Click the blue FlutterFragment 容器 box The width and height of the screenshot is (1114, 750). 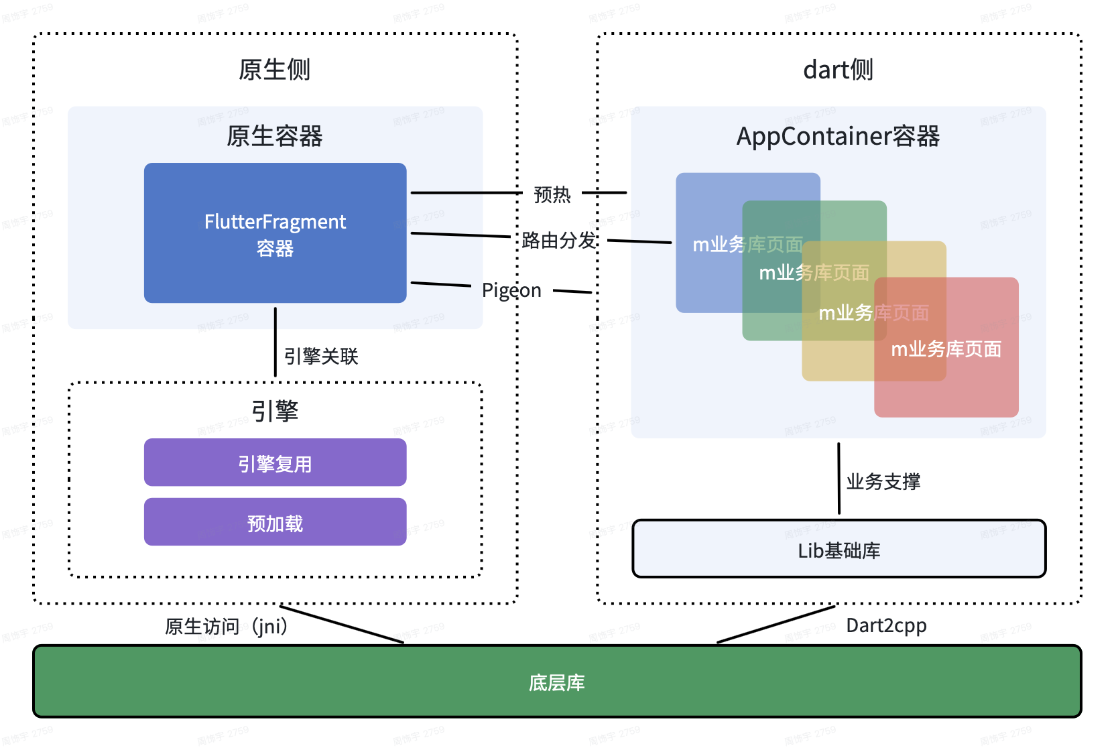(275, 233)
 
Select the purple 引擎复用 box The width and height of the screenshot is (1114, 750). (275, 463)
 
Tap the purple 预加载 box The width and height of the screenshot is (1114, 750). (275, 523)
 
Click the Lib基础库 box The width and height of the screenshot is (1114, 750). (839, 550)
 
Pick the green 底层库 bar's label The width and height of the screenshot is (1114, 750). (556, 682)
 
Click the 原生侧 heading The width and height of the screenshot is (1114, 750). (274, 70)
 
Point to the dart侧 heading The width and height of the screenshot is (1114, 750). (838, 70)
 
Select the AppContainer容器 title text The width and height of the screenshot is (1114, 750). (838, 136)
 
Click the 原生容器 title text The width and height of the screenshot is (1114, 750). (274, 136)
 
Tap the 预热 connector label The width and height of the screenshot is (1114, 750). (552, 194)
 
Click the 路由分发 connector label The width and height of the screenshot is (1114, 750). (558, 240)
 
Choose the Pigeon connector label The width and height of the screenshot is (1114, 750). (511, 290)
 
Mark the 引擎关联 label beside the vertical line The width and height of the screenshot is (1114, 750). (321, 356)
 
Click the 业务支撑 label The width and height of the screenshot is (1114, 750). (883, 481)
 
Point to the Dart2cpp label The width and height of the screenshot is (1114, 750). (886, 625)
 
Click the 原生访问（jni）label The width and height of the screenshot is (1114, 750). (226, 626)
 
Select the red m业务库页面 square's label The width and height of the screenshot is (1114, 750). (946, 349)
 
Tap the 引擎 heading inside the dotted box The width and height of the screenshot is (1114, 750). (274, 410)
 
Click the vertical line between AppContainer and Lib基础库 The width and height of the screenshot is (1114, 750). (839, 479)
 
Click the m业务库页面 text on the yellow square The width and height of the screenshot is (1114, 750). (873, 312)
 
